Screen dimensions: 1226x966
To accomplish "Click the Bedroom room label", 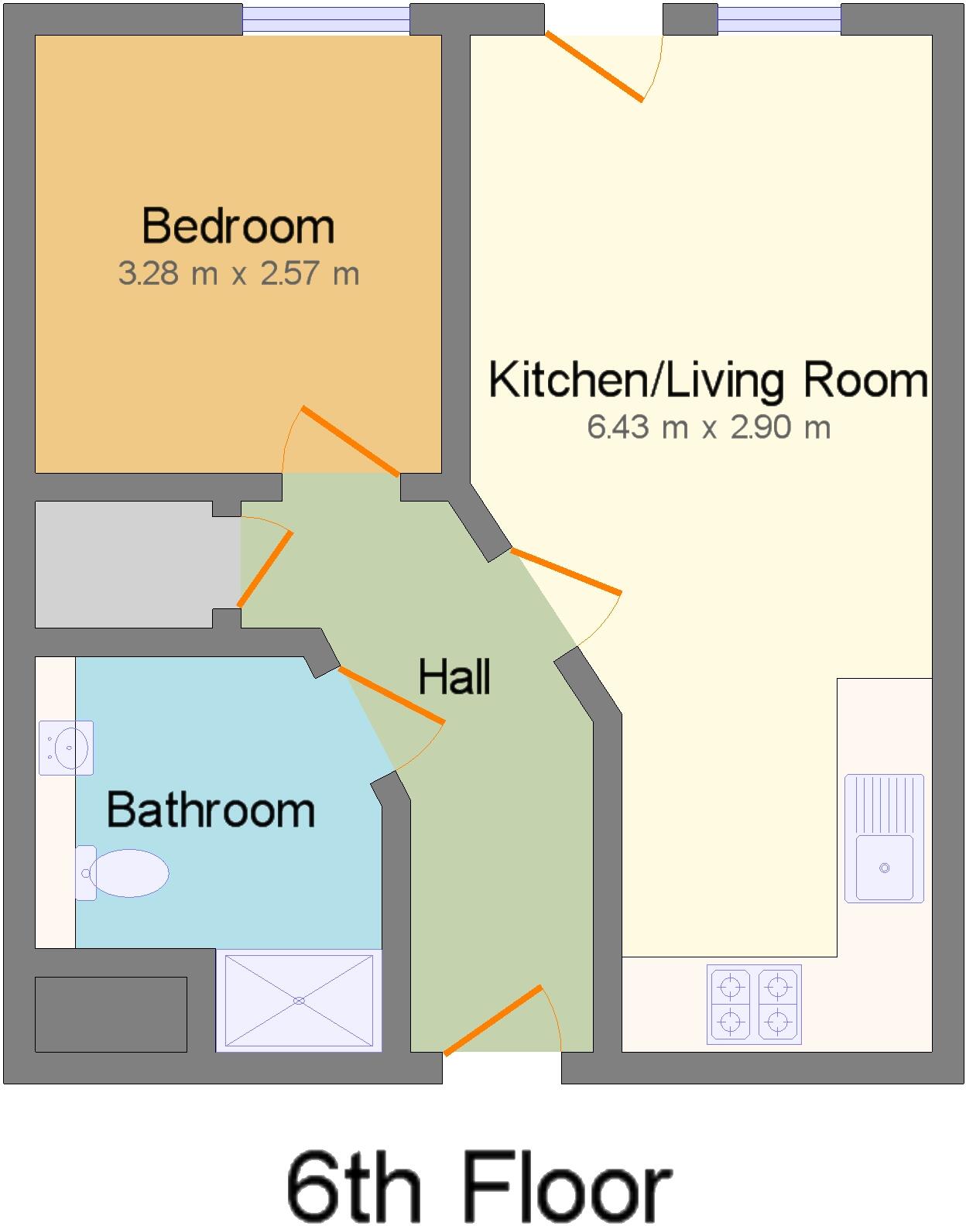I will [238, 226].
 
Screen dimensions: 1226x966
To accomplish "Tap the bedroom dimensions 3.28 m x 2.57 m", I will [238, 273].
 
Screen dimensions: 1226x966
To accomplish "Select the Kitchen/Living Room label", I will [708, 380].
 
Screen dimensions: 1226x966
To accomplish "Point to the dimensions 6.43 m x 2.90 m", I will [708, 427].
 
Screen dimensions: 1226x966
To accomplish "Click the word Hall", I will [454, 677].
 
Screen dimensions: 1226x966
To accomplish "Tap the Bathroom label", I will [211, 810].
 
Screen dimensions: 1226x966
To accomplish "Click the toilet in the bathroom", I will [124, 873].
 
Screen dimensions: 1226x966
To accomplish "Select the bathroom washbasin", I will [67, 748].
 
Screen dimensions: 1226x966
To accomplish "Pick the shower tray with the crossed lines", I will [299, 1000].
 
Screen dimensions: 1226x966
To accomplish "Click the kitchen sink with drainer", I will [884, 838].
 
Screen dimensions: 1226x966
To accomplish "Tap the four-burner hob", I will [754, 1005].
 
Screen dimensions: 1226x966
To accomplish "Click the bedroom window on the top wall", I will [326, 19].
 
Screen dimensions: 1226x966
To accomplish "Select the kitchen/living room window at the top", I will [779, 19].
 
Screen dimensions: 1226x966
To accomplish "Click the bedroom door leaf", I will [350, 440].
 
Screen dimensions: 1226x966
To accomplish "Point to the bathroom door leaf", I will [391, 695].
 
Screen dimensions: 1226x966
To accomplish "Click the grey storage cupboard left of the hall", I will [124, 564].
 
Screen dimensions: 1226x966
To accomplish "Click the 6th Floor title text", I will [478, 1187].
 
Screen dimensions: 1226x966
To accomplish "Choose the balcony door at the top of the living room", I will [594, 67].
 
